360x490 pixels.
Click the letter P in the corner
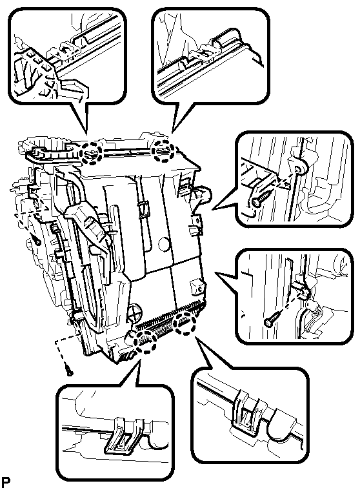click(x=5, y=482)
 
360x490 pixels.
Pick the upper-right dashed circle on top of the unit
click(x=163, y=151)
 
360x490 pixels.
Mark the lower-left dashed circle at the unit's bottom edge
click(x=146, y=342)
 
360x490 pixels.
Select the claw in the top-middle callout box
click(x=208, y=52)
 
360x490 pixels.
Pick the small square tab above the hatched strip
click(x=196, y=285)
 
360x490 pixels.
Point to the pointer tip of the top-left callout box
click(x=86, y=134)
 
